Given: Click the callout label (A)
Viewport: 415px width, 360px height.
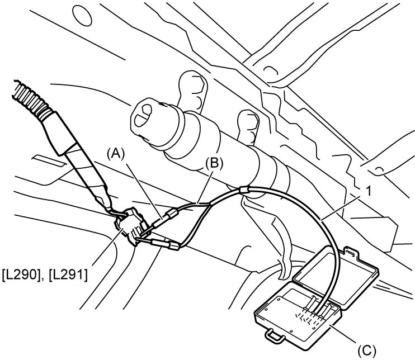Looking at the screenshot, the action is tap(115, 154).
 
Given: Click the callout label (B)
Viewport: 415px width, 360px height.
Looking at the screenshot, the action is tap(214, 164).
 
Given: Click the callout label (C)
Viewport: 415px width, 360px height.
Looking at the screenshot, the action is tap(366, 350).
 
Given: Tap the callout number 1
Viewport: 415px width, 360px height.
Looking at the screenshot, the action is tap(369, 192).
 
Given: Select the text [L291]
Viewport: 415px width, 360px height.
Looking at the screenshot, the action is tap(68, 276).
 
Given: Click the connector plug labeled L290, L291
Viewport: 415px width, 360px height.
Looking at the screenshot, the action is tap(129, 224).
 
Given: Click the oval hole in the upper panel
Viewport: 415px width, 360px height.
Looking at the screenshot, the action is tap(82, 15).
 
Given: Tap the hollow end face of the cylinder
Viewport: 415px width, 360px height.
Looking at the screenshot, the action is tap(144, 116).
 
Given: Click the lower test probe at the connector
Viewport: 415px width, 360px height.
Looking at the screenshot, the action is tap(159, 243).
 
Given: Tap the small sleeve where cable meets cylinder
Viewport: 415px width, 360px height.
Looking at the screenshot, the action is tap(244, 190).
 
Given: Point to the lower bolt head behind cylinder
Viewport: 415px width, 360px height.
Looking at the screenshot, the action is tap(249, 127).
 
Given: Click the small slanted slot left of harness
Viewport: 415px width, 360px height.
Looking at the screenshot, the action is tap(49, 162).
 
